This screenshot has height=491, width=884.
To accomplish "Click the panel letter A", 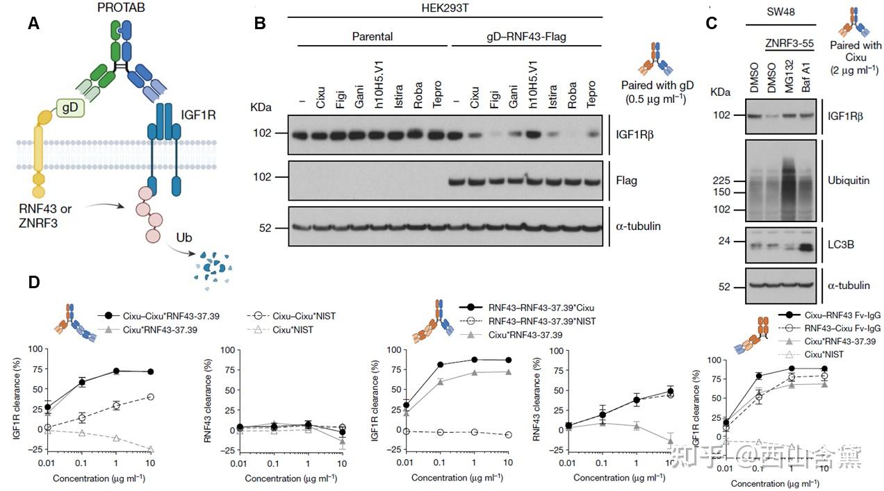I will [33, 23].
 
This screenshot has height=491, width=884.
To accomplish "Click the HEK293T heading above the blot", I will [449, 8].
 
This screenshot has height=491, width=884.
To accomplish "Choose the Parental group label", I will [373, 36].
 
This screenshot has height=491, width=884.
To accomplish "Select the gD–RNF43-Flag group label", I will [527, 36].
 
